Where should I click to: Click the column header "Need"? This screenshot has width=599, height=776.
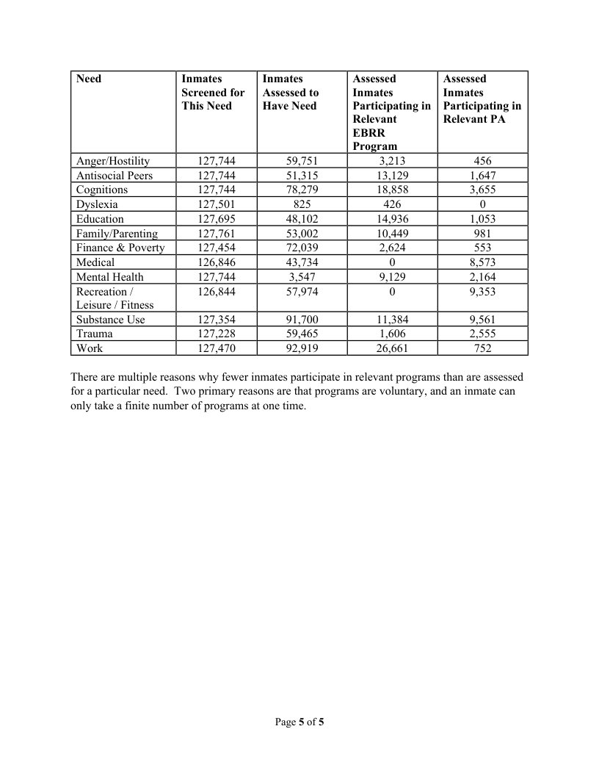tap(89, 79)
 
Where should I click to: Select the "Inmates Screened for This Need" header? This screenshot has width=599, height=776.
tap(213, 93)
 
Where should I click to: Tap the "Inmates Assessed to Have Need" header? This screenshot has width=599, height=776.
tap(291, 93)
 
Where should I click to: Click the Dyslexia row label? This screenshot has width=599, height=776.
tap(97, 204)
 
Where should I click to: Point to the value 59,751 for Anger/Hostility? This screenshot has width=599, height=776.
tap(302, 161)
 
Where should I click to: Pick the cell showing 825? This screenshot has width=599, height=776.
tap(302, 204)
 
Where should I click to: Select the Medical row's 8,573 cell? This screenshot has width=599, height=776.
tap(482, 262)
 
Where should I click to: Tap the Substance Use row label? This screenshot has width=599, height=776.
tap(111, 320)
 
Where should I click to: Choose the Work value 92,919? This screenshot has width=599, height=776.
tap(302, 348)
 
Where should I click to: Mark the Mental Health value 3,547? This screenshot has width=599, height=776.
tap(302, 277)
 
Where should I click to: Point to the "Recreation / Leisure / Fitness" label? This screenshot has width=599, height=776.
tap(115, 298)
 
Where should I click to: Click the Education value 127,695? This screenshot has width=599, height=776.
tap(216, 219)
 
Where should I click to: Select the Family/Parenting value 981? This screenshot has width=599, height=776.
tap(482, 234)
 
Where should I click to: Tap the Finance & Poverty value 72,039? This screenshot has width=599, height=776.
tap(302, 248)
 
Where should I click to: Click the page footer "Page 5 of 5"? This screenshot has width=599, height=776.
tap(299, 722)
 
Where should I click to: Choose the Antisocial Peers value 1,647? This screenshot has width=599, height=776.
tap(482, 176)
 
